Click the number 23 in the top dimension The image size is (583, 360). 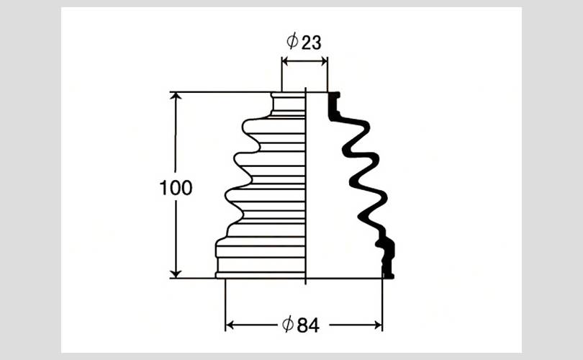click(311, 42)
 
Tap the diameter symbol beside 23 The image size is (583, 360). click(293, 41)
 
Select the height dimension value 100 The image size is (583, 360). click(176, 188)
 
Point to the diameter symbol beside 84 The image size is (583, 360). click(288, 324)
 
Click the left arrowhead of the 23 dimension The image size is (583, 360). click(285, 61)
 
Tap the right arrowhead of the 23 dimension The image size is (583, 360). click(324, 61)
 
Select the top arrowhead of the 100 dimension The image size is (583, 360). click(176, 96)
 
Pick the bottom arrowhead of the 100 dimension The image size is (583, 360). click(176, 274)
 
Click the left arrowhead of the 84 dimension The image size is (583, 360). click(230, 325)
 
